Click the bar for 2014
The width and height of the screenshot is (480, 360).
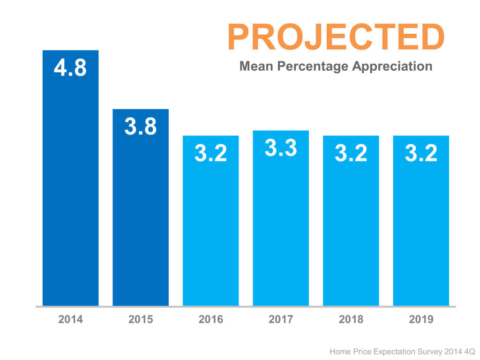pos(70,187)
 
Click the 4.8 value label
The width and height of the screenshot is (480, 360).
pos(70,68)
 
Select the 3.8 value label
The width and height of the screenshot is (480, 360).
pos(141,127)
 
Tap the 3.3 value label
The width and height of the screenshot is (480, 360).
pos(281,148)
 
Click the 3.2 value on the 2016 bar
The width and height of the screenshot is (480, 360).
pos(210,153)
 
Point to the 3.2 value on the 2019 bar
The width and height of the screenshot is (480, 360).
pos(421,153)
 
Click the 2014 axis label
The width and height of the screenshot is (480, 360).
pos(70,320)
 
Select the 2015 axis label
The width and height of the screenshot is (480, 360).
pos(141,320)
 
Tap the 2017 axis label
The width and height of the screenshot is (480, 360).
pos(281,320)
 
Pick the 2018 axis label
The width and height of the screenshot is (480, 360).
pos(351,320)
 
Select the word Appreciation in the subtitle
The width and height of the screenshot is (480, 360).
pos(392,67)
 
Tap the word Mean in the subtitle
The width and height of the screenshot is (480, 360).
pos(256,66)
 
